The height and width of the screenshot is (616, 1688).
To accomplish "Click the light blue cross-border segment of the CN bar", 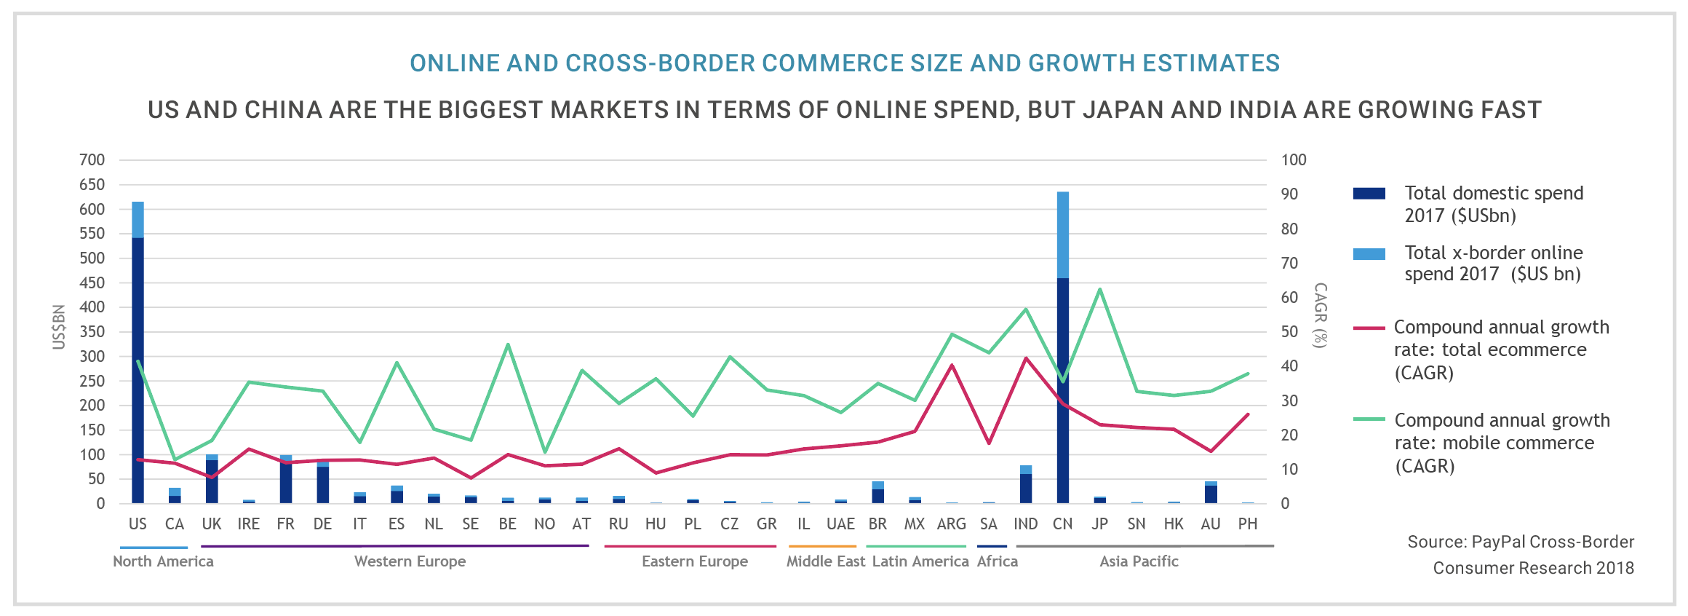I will pos(1062,234).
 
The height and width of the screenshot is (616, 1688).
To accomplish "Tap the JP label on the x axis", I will pos(1099,524).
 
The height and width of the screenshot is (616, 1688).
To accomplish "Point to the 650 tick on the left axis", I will pos(92,185).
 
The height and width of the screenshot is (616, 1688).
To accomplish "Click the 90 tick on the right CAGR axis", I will pos(1289,194).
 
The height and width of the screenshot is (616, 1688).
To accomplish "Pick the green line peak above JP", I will pos(1099,289).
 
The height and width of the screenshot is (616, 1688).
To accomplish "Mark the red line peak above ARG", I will pos(952,365).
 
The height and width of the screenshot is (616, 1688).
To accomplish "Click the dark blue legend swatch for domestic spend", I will pos(1369,194).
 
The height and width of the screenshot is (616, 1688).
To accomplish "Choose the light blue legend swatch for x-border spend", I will pos(1369,254).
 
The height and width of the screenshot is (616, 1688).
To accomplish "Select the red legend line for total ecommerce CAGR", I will pos(1369,328).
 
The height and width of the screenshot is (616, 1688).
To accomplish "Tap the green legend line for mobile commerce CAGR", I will pos(1369,420).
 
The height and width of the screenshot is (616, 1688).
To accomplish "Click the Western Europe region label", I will pos(410,561).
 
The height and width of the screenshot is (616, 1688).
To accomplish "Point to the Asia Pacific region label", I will pos(1139,561).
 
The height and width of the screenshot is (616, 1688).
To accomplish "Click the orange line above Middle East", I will pos(822,546).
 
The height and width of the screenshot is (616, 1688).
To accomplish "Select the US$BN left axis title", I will pos(59,326).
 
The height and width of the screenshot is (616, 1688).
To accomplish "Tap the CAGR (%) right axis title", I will pos(1320,315).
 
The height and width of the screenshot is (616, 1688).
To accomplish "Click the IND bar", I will pos(1026,484).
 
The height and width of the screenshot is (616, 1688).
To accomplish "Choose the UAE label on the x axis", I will pos(840,524).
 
